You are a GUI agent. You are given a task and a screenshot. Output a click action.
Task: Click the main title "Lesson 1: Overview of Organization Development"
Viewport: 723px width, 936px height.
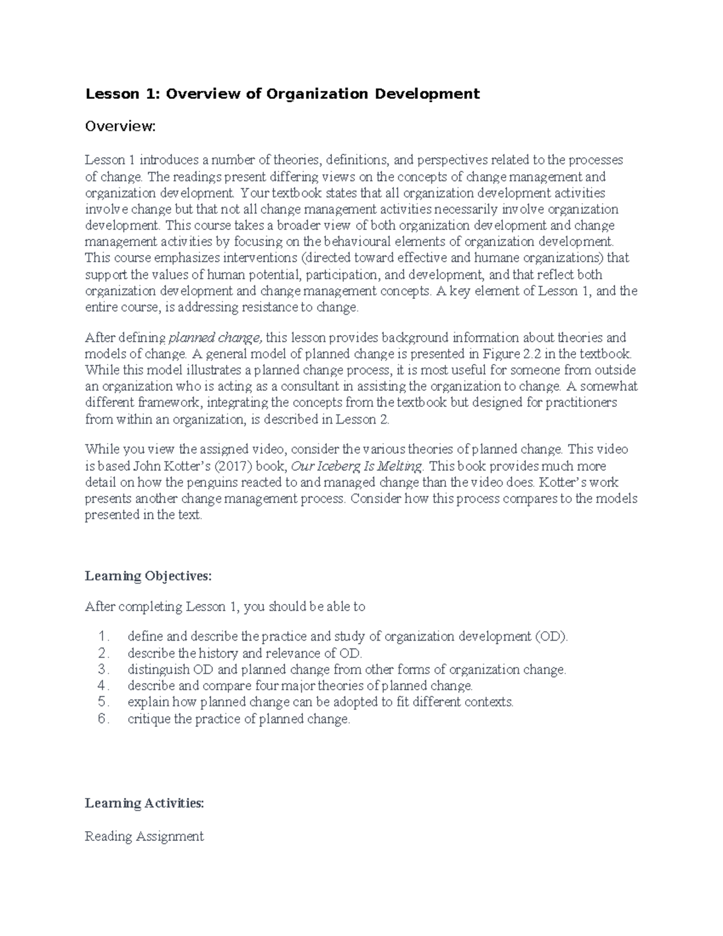[282, 93]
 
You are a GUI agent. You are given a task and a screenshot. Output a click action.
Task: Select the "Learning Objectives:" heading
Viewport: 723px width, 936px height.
[148, 576]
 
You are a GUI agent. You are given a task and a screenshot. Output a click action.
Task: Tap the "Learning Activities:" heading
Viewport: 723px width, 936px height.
[145, 803]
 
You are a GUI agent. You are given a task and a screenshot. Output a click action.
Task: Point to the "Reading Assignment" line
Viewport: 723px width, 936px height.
[145, 837]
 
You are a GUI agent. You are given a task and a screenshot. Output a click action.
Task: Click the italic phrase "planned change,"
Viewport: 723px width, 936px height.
[216, 338]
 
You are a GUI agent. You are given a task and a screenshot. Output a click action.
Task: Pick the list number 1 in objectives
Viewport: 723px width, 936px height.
[104, 637]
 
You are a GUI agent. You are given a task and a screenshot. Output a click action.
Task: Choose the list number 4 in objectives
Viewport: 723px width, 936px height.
[104, 686]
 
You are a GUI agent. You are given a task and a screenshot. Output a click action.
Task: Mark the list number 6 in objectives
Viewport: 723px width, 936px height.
[104, 719]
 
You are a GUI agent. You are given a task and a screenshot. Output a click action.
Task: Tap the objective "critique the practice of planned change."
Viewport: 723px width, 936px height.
[239, 719]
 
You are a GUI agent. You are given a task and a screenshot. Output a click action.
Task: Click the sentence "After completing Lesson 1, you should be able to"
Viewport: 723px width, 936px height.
[225, 607]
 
